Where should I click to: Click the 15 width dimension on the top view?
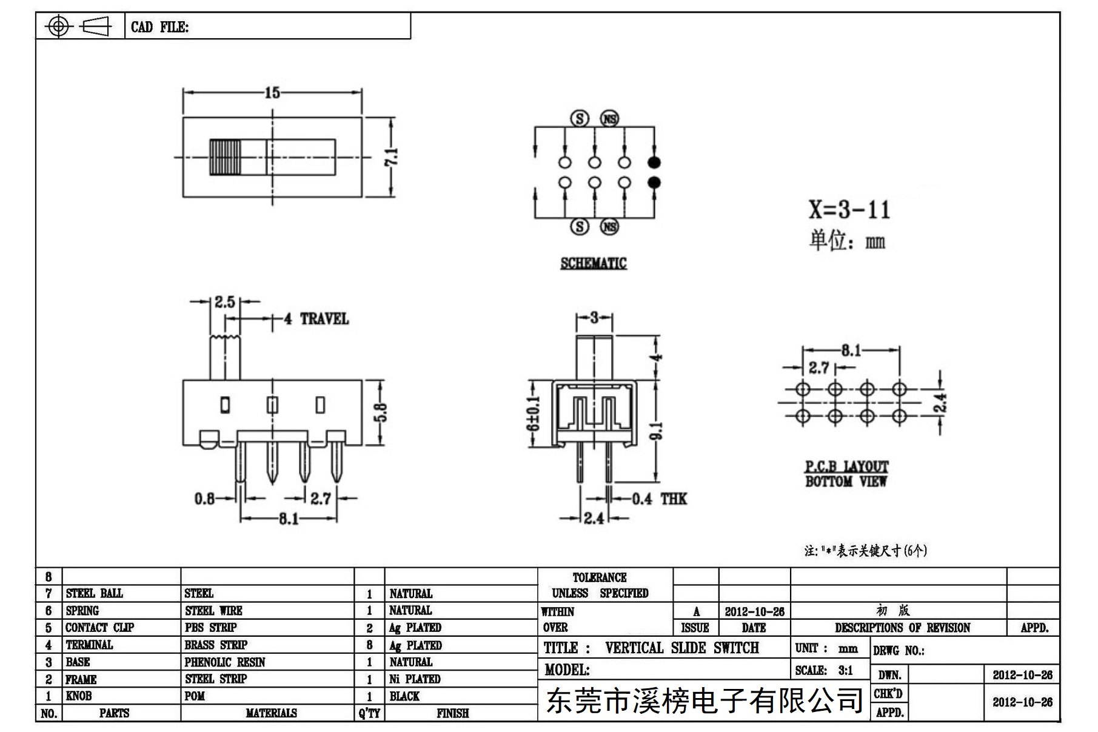tap(272, 92)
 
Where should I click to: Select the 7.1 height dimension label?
tap(391, 156)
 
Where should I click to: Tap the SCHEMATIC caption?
tap(594, 263)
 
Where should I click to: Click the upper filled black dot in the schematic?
tap(654, 162)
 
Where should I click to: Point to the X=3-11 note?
tap(849, 210)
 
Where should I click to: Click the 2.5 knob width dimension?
tap(224, 301)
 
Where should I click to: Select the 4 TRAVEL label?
tap(316, 319)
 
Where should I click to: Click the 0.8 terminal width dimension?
tap(205, 499)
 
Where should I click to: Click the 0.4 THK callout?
tap(659, 499)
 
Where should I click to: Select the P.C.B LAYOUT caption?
tap(846, 466)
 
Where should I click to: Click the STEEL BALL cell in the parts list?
tap(94, 593)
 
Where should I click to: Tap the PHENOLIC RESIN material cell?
tap(225, 662)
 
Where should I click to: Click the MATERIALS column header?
tap(271, 713)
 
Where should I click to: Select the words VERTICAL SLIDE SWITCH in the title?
tap(682, 648)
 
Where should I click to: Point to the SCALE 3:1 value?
tap(845, 671)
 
